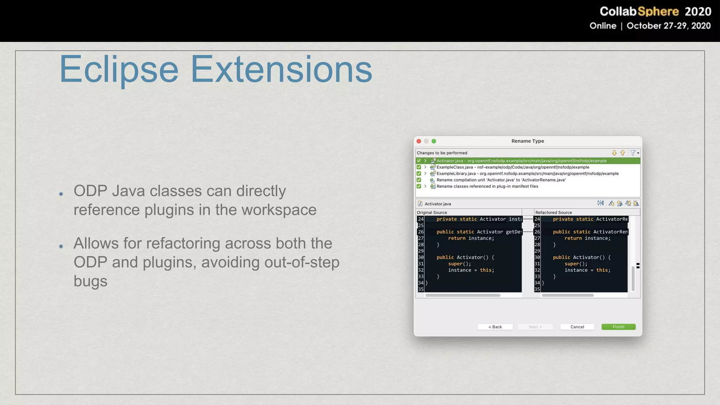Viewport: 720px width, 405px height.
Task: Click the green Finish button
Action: [618, 327]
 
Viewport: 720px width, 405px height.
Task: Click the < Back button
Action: [495, 327]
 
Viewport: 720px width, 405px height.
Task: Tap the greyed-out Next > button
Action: [535, 327]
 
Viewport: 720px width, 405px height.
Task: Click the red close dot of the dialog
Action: [419, 141]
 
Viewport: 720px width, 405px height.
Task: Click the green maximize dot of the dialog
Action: [434, 141]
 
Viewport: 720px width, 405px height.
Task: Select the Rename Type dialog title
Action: [527, 141]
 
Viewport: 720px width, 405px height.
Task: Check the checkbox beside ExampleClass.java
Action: [419, 167]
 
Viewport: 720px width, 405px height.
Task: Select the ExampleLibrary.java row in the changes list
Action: [527, 173]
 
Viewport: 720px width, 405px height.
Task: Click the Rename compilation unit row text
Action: [501, 180]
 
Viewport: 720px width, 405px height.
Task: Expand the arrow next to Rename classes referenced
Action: [425, 186]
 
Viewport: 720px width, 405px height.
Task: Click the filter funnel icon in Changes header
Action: [633, 153]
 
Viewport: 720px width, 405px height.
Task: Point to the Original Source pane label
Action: [432, 212]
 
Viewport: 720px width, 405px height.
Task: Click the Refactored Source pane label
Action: [553, 212]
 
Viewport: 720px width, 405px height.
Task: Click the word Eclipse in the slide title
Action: [119, 70]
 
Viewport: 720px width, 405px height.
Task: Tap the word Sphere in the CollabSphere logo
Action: [658, 11]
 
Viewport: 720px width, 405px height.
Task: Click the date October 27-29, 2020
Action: [668, 26]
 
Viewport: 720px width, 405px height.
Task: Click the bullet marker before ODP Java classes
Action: [61, 194]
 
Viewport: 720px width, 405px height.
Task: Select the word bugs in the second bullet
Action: [90, 281]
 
